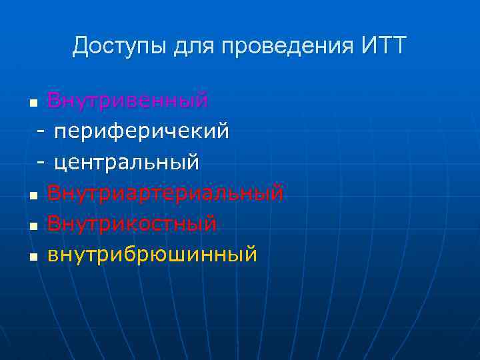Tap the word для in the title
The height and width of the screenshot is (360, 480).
[x=194, y=47]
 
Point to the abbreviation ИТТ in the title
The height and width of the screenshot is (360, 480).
[x=383, y=47]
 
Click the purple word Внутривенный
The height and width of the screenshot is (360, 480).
[x=128, y=101]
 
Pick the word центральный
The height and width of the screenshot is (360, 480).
[x=127, y=162]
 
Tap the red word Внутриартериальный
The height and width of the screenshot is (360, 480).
[x=165, y=193]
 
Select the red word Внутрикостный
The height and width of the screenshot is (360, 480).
[x=132, y=223]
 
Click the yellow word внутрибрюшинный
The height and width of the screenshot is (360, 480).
[x=152, y=254]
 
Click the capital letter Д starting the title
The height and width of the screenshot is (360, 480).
[x=80, y=47]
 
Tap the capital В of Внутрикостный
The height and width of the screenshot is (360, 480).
[x=53, y=223]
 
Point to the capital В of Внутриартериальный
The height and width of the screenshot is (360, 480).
[x=53, y=193]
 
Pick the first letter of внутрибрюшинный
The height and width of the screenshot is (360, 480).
[x=53, y=255]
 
